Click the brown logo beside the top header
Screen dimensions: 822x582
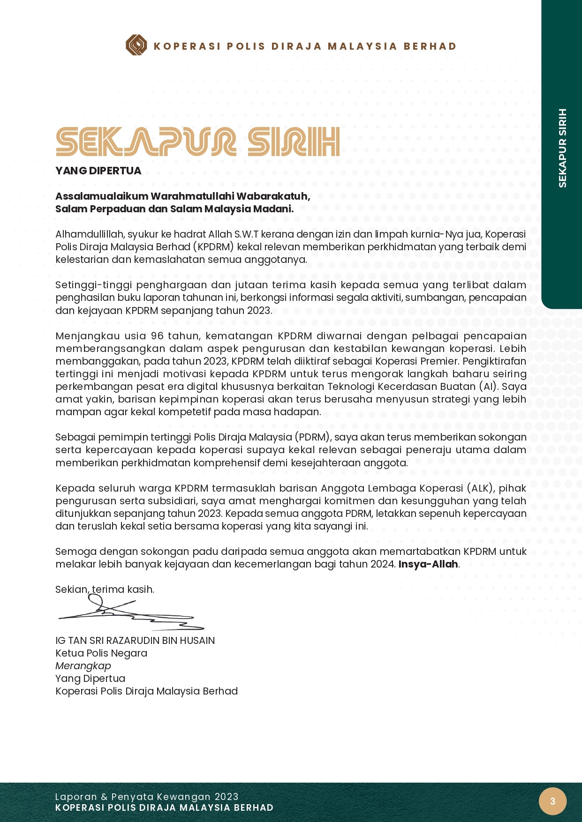tap(136, 45)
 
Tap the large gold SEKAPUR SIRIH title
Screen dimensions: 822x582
tap(197, 142)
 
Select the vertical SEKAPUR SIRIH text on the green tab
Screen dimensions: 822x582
tap(562, 148)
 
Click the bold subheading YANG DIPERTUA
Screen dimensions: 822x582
tap(98, 171)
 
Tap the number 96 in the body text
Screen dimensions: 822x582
tap(157, 336)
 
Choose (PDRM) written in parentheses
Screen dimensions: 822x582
tap(313, 437)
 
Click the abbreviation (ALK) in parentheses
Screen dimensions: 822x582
tap(480, 488)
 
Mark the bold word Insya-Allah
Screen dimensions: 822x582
tap(428, 564)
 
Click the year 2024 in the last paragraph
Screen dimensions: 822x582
tap(383, 564)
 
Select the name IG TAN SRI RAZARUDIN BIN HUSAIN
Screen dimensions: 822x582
tap(135, 641)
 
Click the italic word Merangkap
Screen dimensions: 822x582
tap(83, 666)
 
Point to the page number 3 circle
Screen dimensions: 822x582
tap(552, 801)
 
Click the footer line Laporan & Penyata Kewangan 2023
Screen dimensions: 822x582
tap(147, 797)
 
